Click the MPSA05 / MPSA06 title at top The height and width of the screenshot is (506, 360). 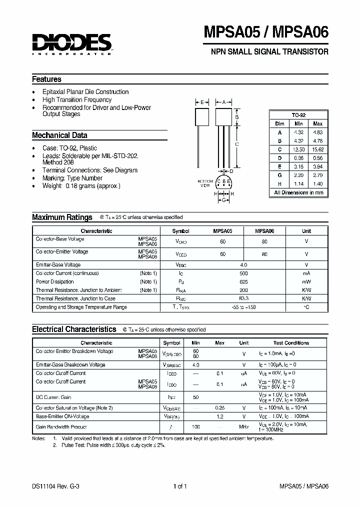pos(266,32)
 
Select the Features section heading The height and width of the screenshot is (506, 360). pos(46,79)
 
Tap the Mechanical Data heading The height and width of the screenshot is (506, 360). pos(59,135)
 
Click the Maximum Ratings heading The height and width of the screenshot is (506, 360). pos(62,217)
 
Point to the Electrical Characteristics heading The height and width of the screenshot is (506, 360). pos(74,329)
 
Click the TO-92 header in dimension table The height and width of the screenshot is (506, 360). pos(298,114)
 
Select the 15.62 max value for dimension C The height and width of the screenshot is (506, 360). pos(317,149)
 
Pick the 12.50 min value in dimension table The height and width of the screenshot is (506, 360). pos(298,149)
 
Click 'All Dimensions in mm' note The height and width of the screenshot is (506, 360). pos(298,192)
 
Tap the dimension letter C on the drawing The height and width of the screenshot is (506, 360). pos(236,144)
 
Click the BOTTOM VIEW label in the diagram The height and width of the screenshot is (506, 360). pos(205,182)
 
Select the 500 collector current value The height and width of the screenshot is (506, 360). pos(243,273)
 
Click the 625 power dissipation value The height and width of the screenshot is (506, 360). pos(243,282)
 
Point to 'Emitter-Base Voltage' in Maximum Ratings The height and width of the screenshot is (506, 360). pos(58,265)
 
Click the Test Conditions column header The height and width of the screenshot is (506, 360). pos(291,343)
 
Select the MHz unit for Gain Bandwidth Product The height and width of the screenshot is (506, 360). pos(243,427)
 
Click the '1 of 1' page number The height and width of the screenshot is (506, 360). pos(179,486)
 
